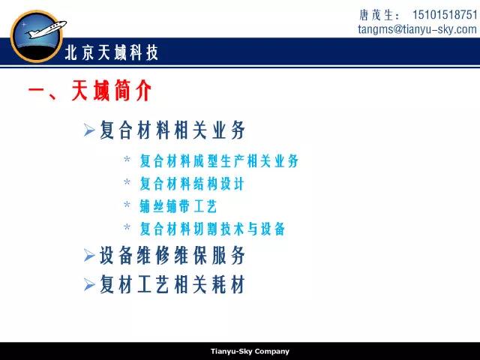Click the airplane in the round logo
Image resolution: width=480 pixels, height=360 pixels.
pos(46,29)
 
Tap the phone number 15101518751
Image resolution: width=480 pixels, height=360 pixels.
pos(445,15)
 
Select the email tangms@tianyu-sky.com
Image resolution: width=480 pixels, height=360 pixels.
pos(417,29)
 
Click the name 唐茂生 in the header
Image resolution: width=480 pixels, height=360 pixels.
pos(376,15)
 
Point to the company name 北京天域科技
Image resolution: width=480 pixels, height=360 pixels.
pos(112,52)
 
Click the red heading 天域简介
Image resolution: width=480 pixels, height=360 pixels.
pos(112,90)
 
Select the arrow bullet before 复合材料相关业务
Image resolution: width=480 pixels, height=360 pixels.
pos(89,130)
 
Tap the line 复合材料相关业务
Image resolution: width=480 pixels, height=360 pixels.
pos(172,130)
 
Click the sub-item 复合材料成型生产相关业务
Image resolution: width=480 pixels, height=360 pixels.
pos(219,160)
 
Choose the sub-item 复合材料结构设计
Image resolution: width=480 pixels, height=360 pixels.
pos(192,183)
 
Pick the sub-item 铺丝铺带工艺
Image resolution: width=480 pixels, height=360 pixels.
pos(178,206)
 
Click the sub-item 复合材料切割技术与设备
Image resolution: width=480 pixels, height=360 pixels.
pos(212,229)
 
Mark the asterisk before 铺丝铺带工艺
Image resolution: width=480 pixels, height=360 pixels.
pos(127,204)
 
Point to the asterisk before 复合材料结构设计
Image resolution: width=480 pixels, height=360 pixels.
pos(127,181)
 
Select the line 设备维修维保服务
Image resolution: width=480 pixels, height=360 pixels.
pos(172,255)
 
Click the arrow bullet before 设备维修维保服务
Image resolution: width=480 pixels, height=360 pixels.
pos(89,255)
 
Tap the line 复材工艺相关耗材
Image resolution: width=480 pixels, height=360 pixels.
pos(172,284)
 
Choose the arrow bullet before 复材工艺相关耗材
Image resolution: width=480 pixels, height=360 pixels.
pos(89,285)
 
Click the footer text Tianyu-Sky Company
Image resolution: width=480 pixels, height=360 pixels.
pos(250,352)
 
